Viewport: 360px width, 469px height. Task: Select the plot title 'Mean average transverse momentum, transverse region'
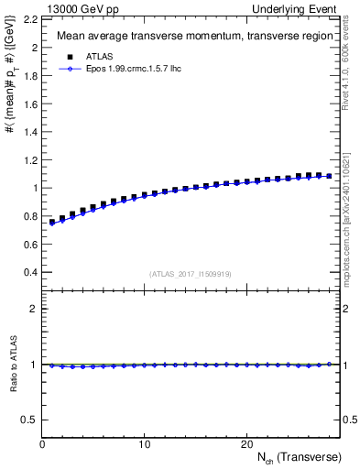click(x=189, y=37)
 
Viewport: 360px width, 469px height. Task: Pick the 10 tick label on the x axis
click(x=144, y=443)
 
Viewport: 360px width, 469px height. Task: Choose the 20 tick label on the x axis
click(x=245, y=443)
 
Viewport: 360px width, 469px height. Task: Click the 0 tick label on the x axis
click(x=42, y=443)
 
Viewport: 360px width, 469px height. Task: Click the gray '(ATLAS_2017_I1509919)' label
click(x=191, y=273)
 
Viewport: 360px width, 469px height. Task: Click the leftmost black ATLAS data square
click(x=52, y=222)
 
